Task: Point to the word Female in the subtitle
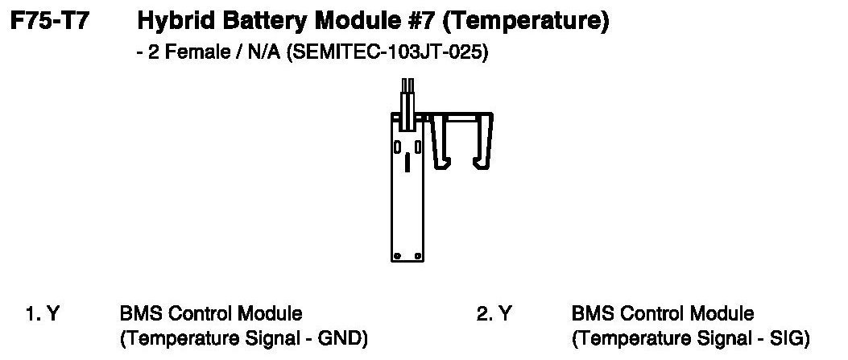[x=178, y=55]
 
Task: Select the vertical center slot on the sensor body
[x=407, y=163]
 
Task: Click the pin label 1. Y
[x=41, y=313]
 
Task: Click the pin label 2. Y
[x=493, y=313]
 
